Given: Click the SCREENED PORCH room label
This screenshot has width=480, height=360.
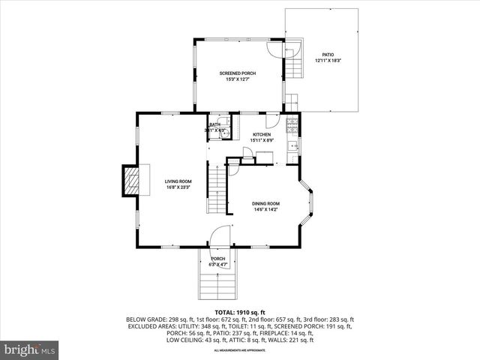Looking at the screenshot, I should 238,73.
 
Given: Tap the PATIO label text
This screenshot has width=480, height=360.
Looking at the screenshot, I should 328,54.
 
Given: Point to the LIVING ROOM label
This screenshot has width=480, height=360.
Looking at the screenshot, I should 178,181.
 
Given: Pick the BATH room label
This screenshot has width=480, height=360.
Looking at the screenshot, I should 214,124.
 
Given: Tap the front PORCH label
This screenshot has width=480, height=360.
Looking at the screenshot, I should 217,259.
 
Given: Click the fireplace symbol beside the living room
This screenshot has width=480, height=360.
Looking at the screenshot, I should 132,181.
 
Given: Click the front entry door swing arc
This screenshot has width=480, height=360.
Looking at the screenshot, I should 219,236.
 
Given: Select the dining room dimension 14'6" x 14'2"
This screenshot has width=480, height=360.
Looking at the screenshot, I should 265,210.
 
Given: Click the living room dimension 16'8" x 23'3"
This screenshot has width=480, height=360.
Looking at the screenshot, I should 178,187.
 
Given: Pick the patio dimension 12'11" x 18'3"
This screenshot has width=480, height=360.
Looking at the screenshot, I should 328,60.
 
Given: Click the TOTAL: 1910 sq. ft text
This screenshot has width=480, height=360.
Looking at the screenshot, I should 239,311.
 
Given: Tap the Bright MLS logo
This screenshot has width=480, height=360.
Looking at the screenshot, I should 30,349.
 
